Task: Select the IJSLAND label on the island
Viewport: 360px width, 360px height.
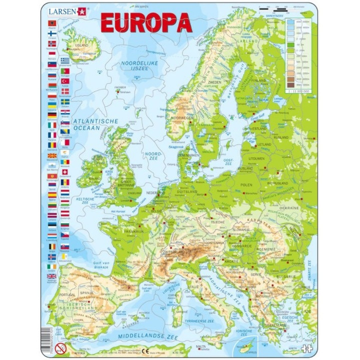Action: (81, 45)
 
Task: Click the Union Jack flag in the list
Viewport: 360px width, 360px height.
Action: (52, 276)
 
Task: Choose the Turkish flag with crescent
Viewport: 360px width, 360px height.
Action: (65, 80)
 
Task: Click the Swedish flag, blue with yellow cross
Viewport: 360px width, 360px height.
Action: (65, 101)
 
